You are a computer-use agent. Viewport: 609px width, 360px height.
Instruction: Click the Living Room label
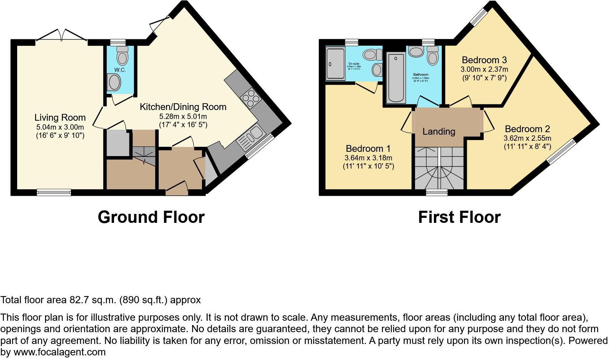coord(60,117)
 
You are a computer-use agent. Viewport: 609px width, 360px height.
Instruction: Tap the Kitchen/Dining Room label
coord(183,107)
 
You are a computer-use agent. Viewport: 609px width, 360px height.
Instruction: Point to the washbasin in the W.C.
coord(114,82)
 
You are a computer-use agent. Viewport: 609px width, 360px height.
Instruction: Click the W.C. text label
coord(120,70)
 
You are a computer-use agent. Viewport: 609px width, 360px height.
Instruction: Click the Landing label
coord(439,131)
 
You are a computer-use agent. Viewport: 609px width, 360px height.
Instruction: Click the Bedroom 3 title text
coord(484,60)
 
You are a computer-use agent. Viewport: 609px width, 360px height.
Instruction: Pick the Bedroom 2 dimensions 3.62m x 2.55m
coord(527,138)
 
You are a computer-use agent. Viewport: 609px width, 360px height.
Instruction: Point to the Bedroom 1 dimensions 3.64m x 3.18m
coord(368,158)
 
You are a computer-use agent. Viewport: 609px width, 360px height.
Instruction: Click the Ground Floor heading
coord(151,217)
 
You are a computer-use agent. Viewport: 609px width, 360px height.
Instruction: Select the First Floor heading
coord(459,217)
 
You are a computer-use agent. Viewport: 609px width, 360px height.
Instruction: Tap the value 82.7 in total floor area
coord(78,300)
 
